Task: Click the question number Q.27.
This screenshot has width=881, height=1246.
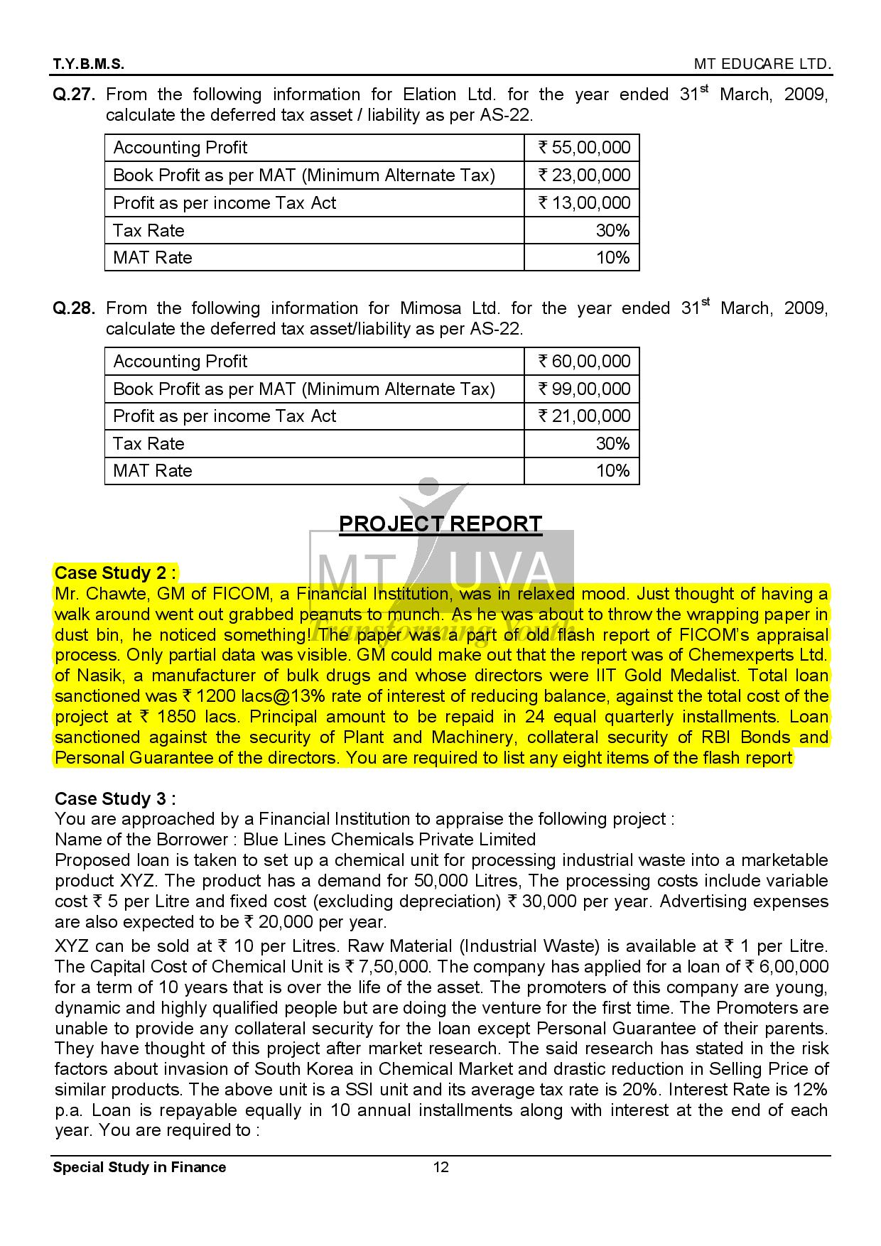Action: (x=75, y=95)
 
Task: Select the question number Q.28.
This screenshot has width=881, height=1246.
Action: (x=75, y=309)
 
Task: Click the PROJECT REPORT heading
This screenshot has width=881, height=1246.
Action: (x=440, y=524)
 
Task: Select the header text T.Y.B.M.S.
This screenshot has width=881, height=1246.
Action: (x=89, y=65)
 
